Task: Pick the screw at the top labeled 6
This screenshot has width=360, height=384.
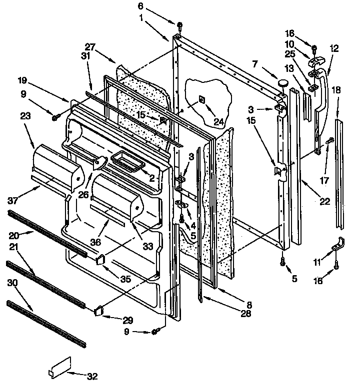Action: click(178, 24)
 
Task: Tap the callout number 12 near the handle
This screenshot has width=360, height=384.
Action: click(334, 48)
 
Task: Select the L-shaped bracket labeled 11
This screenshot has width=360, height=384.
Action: click(338, 245)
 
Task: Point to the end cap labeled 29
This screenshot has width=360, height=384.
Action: click(99, 311)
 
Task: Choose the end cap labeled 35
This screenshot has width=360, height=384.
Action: click(100, 258)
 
